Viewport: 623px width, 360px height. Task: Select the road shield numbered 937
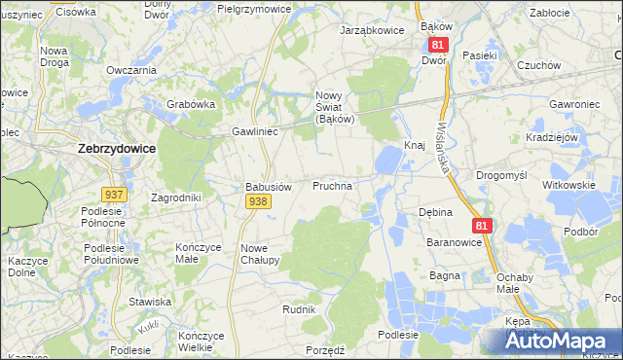pos(114,195)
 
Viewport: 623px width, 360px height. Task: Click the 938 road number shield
pos(257,201)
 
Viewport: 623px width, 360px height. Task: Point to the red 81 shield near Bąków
pos(437,45)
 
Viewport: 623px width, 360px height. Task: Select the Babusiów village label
pos(268,186)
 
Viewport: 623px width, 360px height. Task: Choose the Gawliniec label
pos(256,130)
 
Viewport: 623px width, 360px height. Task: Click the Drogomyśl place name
pos(501,175)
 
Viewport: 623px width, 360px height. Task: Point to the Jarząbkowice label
pos(371,30)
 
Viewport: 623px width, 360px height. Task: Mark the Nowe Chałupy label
pos(260,254)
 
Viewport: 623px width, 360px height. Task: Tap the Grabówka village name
pos(191,104)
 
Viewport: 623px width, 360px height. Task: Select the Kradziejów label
pos(552,138)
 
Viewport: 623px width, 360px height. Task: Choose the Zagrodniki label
pos(176,198)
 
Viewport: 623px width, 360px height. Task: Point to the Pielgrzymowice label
pos(254,8)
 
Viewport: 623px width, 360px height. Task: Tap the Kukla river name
pos(148,326)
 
